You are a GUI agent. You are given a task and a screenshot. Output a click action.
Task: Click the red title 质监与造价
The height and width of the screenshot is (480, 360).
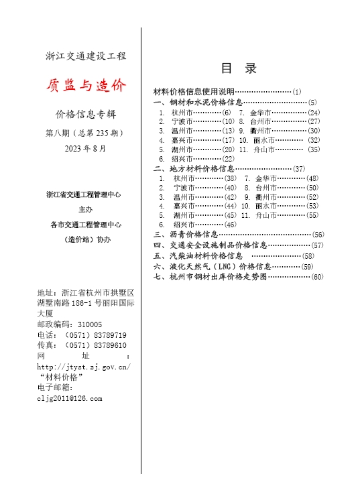pos(85,85)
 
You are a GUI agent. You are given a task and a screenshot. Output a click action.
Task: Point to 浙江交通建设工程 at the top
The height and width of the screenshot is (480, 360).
pos(85,56)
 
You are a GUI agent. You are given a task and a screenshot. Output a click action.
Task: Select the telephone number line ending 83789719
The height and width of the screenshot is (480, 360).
pos(82,335)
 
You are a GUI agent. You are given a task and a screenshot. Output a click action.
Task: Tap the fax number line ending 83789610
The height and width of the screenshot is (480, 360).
pos(82,345)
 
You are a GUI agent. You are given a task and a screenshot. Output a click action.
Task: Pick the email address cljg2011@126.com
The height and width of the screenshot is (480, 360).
pos(70,399)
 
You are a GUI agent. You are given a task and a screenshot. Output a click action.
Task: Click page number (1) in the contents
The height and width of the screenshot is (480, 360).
pos(297,91)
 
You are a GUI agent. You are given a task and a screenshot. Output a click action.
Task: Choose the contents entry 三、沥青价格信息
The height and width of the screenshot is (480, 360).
pos(186,235)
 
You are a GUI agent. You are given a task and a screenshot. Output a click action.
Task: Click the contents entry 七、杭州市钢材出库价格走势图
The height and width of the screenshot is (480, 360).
pos(215,276)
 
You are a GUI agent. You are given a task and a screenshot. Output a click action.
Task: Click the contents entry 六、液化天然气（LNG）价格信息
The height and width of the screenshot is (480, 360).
pos(212,266)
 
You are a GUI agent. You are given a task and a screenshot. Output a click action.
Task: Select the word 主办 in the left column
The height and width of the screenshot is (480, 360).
pos(84,209)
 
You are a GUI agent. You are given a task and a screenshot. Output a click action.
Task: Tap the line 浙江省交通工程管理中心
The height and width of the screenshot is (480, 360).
pos(84,194)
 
